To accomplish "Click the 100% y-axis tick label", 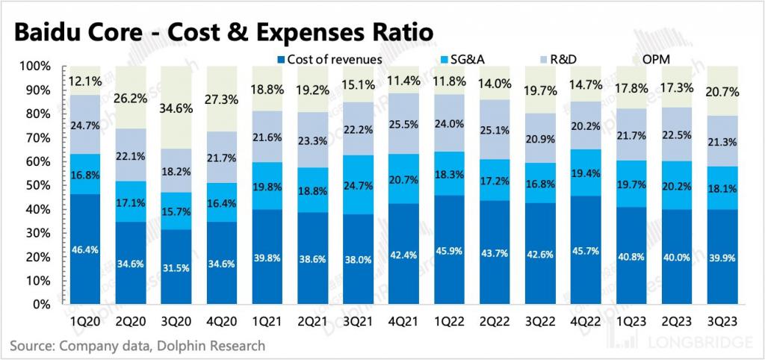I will click(x=33, y=66).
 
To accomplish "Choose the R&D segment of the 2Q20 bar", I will click(x=131, y=156).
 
